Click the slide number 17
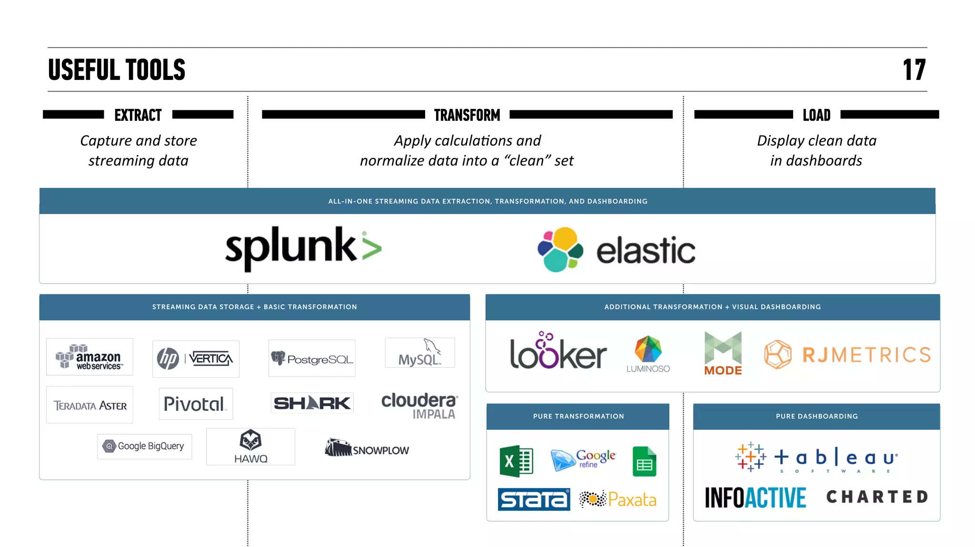(x=914, y=70)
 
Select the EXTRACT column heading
(x=138, y=115)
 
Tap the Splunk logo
(x=303, y=248)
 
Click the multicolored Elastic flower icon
(x=560, y=249)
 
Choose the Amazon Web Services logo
(x=90, y=357)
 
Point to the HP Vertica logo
(x=196, y=359)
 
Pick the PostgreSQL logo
(x=312, y=358)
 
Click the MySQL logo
(x=420, y=353)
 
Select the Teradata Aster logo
(x=90, y=405)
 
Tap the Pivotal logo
(x=196, y=404)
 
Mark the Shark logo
(x=312, y=403)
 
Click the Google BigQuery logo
(x=145, y=446)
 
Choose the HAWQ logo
(x=250, y=447)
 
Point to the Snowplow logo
(x=367, y=448)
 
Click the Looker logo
(x=558, y=352)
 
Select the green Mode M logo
(x=723, y=348)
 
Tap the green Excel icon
(x=516, y=461)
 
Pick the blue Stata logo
(x=534, y=499)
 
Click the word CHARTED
(x=877, y=497)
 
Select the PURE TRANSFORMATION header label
(x=578, y=416)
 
